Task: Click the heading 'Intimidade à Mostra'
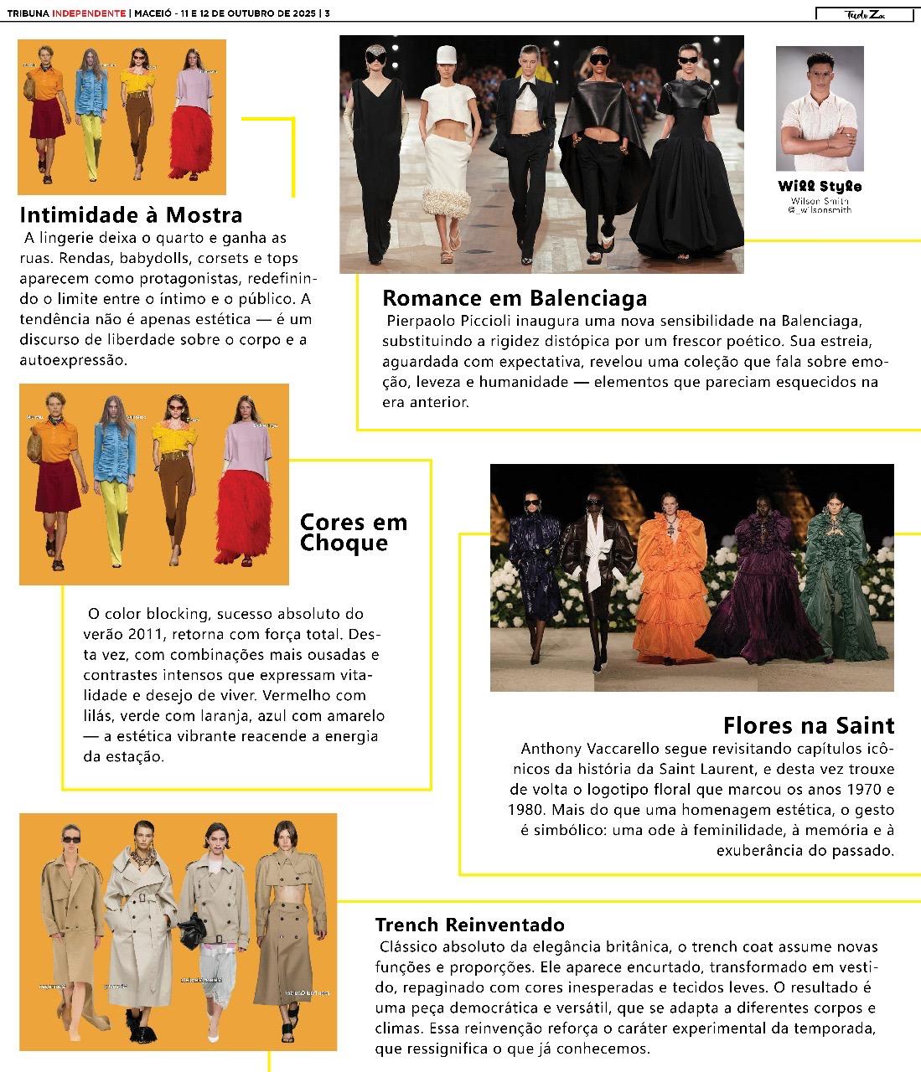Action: coord(131,214)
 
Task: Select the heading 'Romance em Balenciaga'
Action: coord(515,298)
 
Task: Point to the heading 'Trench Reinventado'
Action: coord(469,925)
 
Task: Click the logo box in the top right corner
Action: coord(862,14)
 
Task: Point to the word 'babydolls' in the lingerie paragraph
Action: coord(155,257)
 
